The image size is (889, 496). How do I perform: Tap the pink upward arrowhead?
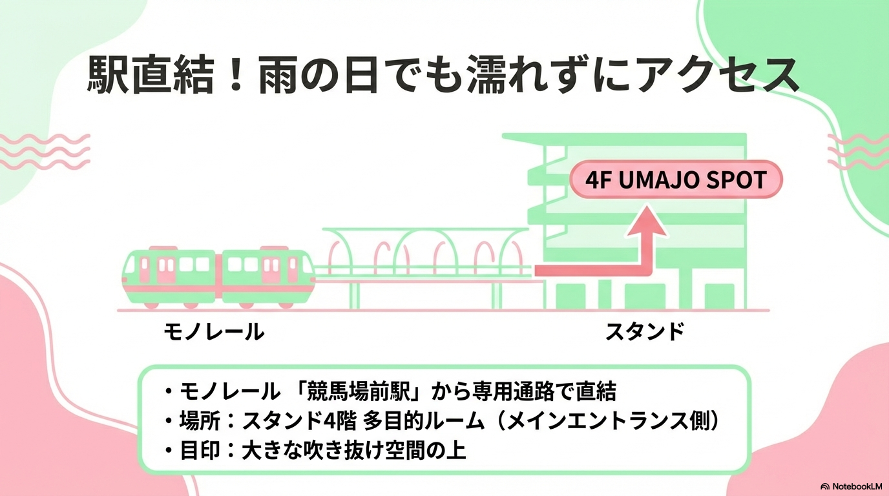click(x=647, y=222)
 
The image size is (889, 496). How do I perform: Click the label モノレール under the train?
click(x=214, y=332)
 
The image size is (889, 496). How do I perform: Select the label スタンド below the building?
click(x=644, y=332)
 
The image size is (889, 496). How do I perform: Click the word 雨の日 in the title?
click(x=317, y=77)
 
